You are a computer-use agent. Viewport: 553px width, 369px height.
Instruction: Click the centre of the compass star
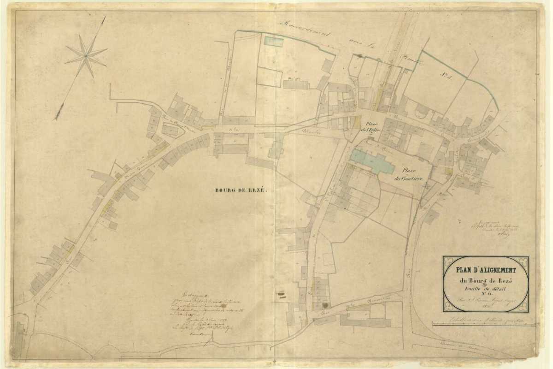86,55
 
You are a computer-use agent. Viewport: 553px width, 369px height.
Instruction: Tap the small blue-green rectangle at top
273,41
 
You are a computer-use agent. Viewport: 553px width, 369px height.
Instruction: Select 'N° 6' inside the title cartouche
486,296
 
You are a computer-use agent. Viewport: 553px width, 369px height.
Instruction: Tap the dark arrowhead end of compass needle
59,112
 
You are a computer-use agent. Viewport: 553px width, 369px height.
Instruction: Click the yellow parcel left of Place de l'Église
358,123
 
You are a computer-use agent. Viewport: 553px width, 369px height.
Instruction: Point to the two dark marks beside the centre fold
281,292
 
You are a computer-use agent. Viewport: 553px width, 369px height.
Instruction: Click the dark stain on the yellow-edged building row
326,305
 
